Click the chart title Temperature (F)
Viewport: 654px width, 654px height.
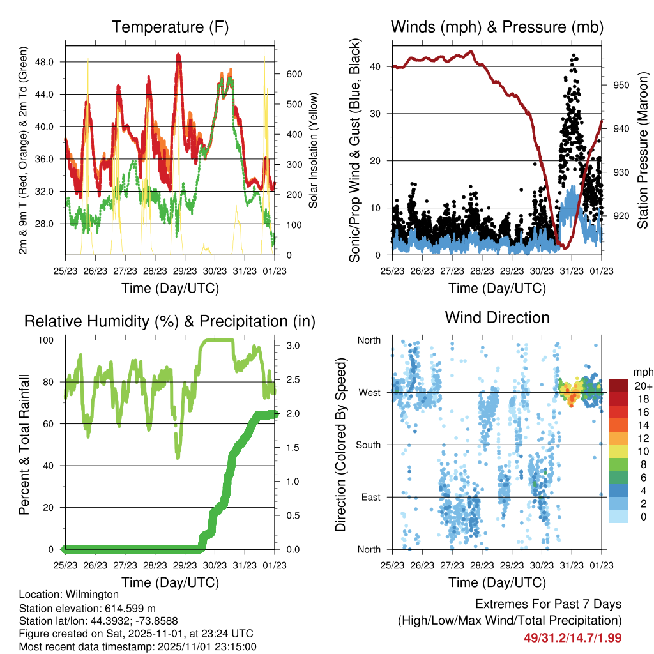(170, 27)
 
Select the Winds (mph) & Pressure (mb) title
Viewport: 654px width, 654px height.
(498, 27)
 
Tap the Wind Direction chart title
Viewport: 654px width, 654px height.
(497, 317)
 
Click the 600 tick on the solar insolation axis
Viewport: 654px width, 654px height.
(294, 74)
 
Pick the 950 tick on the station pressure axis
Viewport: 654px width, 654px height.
(621, 85)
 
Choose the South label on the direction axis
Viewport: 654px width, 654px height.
(369, 445)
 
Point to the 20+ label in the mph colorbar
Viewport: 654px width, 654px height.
(642, 386)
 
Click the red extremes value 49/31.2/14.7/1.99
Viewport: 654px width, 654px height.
(572, 637)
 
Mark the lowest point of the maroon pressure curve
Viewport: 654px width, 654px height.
(564, 247)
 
